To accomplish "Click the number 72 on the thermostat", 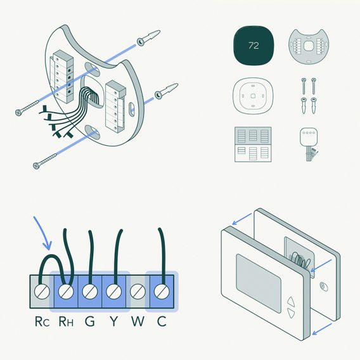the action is point(254,46).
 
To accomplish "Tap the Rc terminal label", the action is point(42,321).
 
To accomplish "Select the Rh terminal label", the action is point(66,321).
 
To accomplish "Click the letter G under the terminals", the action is point(90,321).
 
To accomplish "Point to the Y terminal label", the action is point(114,321).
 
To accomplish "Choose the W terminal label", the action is point(138,321).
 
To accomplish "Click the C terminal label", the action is point(162,321).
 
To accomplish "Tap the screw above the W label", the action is point(138,292).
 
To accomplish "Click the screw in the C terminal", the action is point(162,292).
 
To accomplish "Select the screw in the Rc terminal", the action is point(42,292).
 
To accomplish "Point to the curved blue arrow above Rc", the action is point(43,232).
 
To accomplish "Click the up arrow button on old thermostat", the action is point(291,301).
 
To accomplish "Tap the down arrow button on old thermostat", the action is point(291,312).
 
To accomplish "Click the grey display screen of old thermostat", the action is point(259,283).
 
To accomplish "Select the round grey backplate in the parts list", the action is point(309,46).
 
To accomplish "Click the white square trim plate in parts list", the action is point(253,96).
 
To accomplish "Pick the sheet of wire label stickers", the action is point(253,145).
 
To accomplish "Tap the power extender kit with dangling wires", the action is point(309,144).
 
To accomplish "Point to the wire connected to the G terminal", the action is point(91,257).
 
